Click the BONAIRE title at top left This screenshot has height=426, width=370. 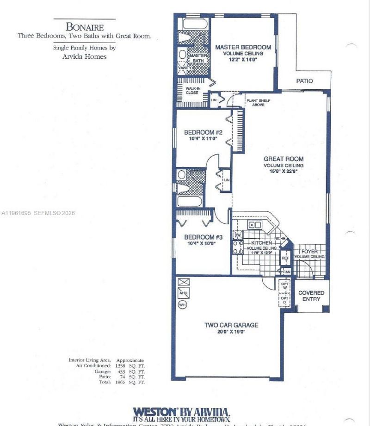(84, 26)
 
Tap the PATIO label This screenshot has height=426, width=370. (304, 81)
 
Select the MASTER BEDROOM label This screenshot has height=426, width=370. (243, 47)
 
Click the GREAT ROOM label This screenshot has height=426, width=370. (284, 159)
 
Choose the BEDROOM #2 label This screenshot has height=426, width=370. (203, 132)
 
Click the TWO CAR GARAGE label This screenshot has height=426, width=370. (231, 325)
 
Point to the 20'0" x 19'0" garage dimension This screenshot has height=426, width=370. (231, 332)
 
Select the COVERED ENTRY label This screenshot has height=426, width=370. (311, 296)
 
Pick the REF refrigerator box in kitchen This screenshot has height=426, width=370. (285, 258)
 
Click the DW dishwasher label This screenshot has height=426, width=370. (238, 235)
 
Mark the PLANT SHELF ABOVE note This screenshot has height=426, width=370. (258, 103)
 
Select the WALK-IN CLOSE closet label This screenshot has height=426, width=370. (192, 90)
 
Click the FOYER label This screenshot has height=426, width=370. (310, 252)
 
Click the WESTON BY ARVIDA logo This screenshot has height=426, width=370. (181, 412)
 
